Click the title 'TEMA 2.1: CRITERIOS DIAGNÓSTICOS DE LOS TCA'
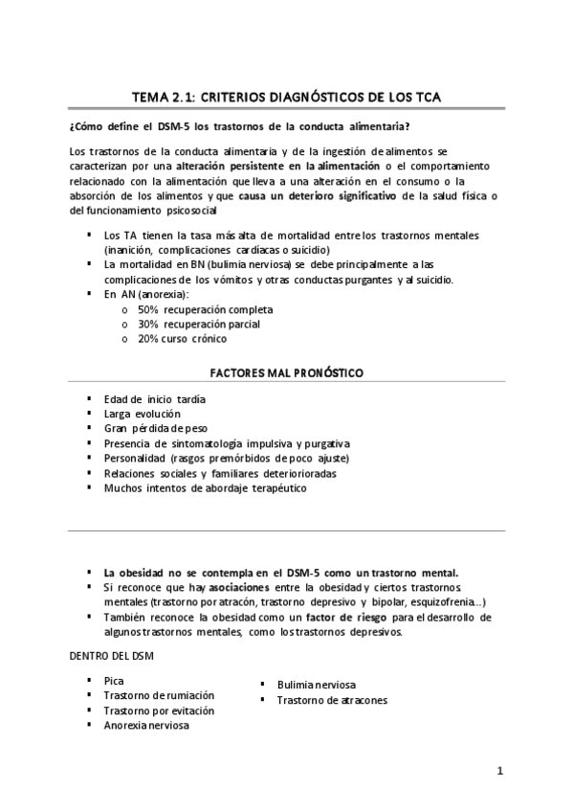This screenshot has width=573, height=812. click(286, 96)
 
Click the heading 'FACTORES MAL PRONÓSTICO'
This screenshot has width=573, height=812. click(286, 372)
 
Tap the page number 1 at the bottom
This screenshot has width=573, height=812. click(499, 771)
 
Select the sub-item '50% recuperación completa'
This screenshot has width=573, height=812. click(205, 310)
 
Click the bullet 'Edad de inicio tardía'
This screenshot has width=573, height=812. click(155, 398)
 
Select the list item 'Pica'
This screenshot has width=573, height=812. click(114, 680)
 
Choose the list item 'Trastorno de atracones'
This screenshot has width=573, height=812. click(332, 700)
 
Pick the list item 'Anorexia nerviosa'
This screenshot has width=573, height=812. click(146, 725)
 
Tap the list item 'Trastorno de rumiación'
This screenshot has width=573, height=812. click(159, 695)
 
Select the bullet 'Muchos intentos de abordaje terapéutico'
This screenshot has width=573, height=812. click(207, 487)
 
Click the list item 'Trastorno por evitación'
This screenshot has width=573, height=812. click(159, 710)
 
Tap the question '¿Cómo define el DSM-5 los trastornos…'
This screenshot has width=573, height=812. click(241, 126)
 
